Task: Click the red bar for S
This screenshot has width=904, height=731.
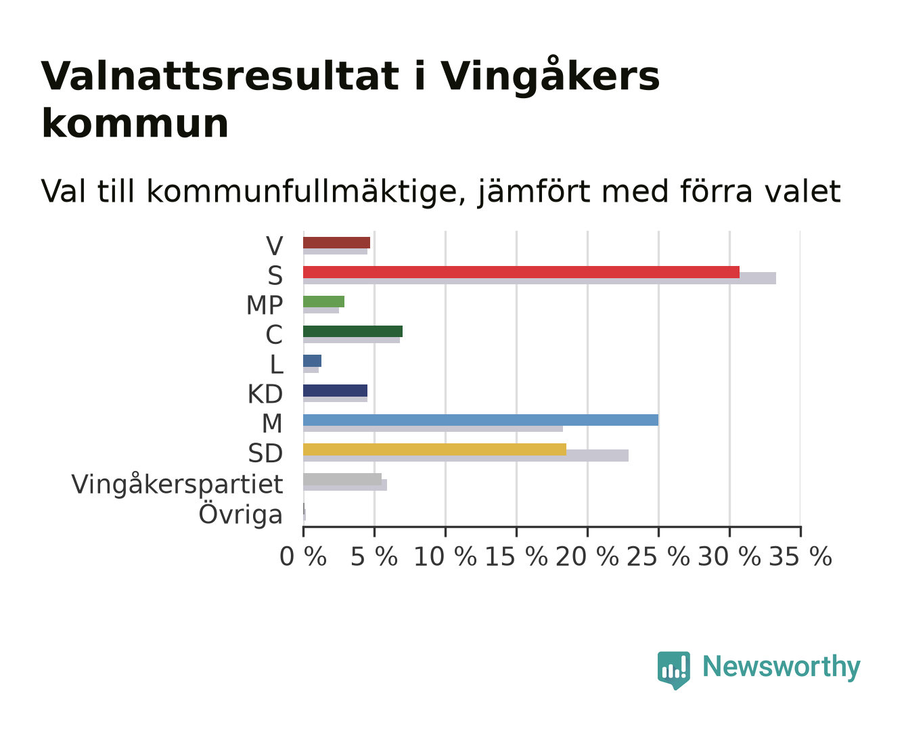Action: (521, 272)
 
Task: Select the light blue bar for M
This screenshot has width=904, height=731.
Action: (480, 420)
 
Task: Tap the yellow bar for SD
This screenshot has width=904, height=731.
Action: (434, 449)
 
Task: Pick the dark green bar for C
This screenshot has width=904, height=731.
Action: (353, 331)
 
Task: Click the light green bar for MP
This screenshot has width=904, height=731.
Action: (323, 301)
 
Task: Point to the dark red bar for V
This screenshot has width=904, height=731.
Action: (336, 242)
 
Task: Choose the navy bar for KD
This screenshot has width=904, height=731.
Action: (336, 391)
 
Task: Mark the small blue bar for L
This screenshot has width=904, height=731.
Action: (312, 361)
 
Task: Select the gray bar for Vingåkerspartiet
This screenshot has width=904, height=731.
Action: (342, 479)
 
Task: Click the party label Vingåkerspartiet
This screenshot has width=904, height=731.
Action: (177, 485)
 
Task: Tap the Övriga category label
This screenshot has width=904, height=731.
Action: (241, 514)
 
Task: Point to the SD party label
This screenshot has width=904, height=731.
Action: (266, 453)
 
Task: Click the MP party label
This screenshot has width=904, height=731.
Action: (265, 305)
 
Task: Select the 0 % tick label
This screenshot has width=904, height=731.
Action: (303, 556)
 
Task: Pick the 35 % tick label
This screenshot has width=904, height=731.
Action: (800, 556)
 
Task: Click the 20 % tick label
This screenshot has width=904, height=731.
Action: (587, 556)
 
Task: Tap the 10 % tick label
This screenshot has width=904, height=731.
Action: (445, 556)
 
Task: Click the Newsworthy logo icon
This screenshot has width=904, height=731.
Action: (674, 670)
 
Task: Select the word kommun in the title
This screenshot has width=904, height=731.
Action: (135, 124)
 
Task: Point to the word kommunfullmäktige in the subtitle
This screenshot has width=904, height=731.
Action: (306, 192)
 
